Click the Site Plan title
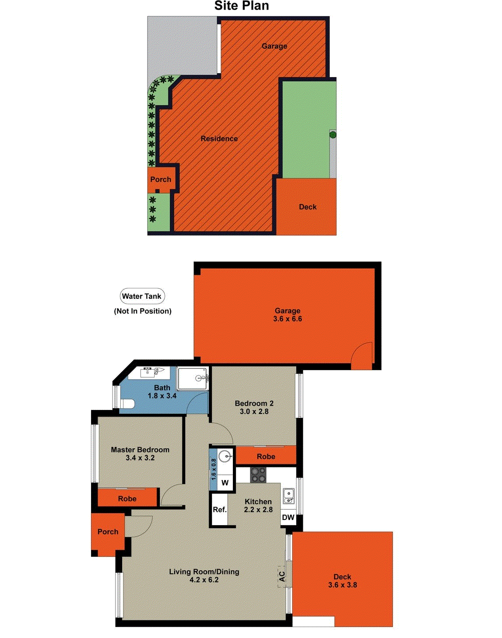click(x=241, y=6)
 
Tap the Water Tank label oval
click(x=142, y=296)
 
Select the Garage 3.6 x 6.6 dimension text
click(x=287, y=319)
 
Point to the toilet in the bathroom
click(x=127, y=403)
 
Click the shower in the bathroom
click(x=193, y=379)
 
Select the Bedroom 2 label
click(x=254, y=403)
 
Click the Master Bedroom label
click(x=140, y=449)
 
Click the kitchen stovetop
click(x=258, y=475)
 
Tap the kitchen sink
click(x=288, y=496)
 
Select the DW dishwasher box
click(x=288, y=517)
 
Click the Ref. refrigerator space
click(x=219, y=509)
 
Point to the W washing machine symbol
click(x=225, y=483)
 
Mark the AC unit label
click(x=282, y=576)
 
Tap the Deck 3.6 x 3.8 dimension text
click(x=343, y=585)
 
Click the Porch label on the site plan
click(x=161, y=179)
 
